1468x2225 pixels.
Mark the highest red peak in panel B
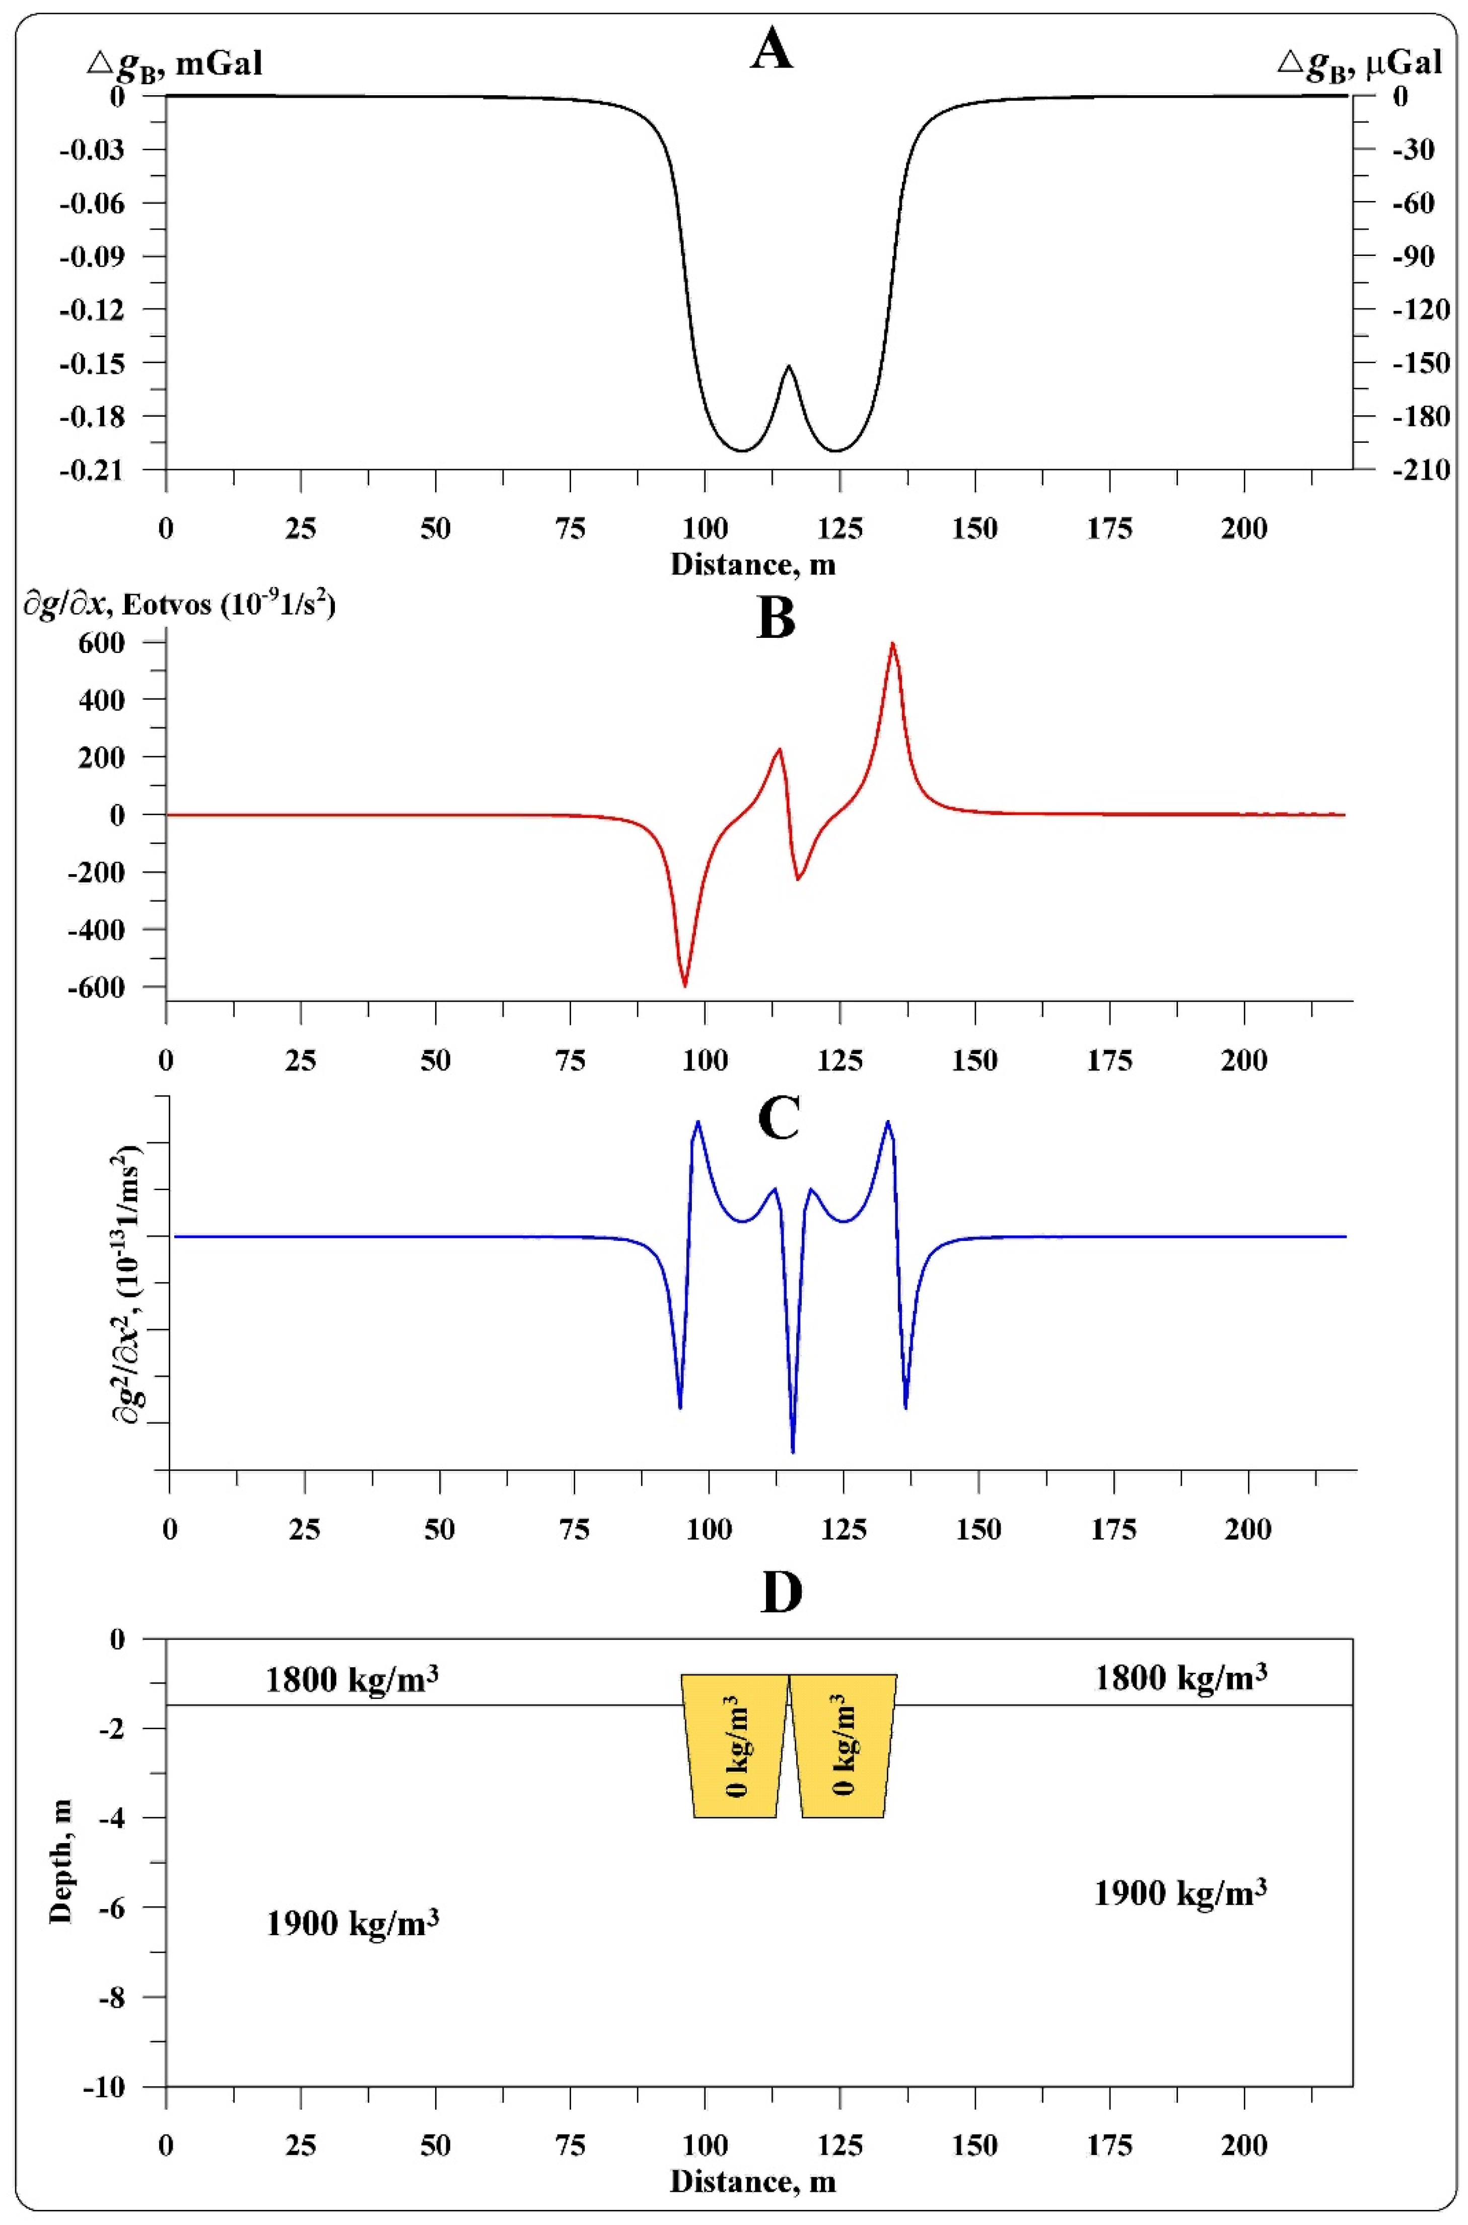coord(892,644)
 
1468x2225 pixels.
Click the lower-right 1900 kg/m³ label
coord(1180,1892)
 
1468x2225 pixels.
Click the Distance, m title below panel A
coord(753,565)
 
